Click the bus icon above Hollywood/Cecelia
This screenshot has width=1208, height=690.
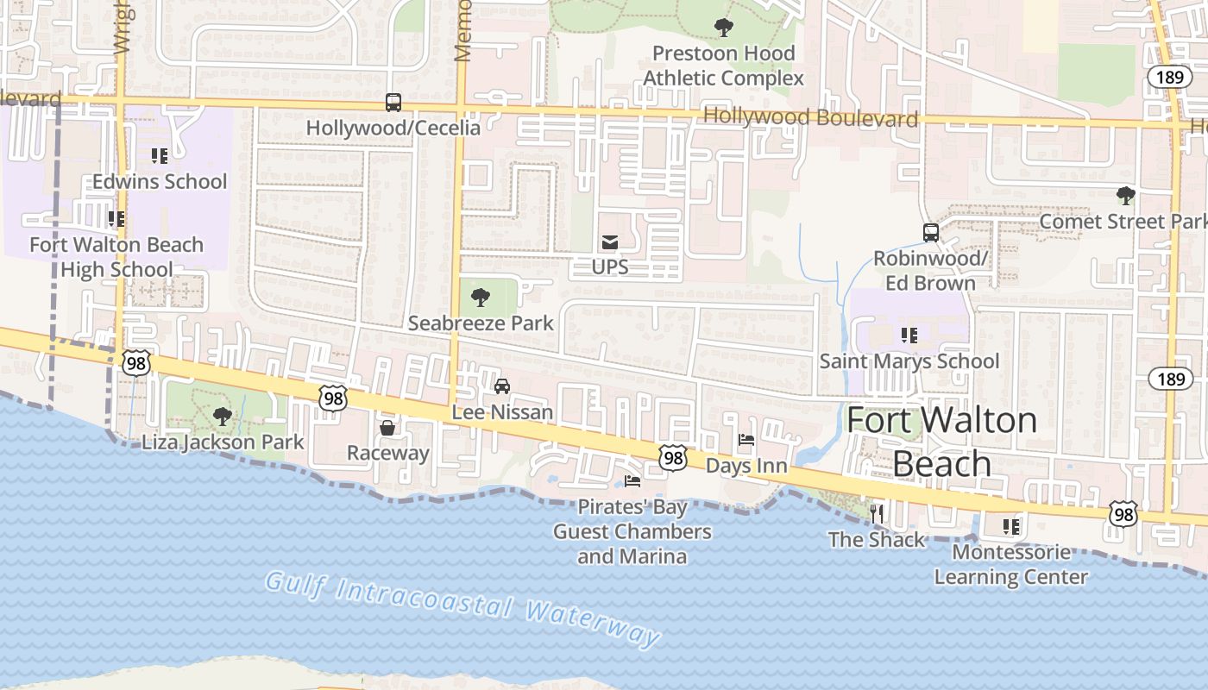393,103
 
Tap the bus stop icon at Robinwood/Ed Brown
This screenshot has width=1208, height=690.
930,233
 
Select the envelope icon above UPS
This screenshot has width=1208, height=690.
610,242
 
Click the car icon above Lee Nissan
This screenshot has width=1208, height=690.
502,386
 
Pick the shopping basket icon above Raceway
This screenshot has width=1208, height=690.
387,428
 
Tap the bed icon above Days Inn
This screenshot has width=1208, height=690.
746,441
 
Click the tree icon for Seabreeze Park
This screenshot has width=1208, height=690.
481,298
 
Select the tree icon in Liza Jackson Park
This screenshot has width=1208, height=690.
223,417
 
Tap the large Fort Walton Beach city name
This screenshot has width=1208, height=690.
941,442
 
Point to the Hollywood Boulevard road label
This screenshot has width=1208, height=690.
810,117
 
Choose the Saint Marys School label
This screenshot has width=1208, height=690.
909,361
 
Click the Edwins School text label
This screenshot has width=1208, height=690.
160,182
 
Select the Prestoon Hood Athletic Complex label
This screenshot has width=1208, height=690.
723,66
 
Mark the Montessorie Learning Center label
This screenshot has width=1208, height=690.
1011,564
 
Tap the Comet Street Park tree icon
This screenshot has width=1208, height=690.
1125,196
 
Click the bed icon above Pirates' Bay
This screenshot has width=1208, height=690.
632,481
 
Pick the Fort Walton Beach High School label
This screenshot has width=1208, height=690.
116,257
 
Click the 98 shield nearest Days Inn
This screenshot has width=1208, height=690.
673,458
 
